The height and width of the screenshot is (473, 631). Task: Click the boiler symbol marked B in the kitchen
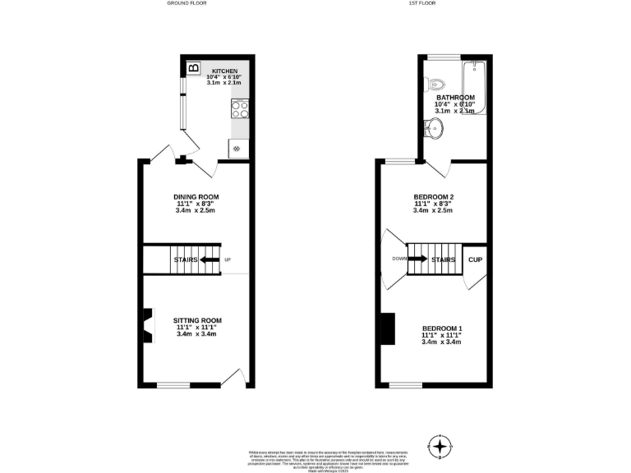(x=193, y=68)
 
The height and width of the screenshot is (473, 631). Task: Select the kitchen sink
(x=237, y=149)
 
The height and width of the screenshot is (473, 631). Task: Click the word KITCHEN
(x=224, y=71)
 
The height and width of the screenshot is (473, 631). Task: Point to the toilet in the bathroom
(x=435, y=84)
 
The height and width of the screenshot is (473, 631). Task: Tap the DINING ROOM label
(x=196, y=197)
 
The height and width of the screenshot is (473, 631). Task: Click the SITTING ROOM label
(x=197, y=320)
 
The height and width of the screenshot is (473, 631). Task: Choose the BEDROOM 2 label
(x=434, y=197)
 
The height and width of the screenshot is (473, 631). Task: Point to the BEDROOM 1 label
(x=442, y=328)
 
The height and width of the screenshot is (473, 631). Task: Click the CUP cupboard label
(x=475, y=259)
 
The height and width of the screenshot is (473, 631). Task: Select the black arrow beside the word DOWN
(x=417, y=259)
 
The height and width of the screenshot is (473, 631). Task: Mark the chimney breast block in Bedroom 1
(x=387, y=328)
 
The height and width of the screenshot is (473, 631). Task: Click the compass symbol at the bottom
(x=441, y=448)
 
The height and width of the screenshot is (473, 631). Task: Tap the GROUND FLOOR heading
(x=187, y=3)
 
